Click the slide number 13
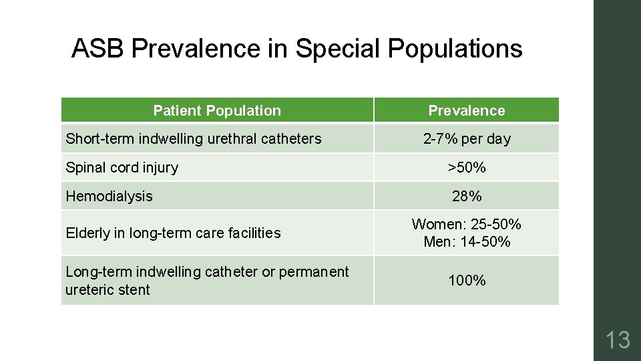(618, 340)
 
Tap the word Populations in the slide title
(455, 49)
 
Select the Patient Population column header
(217, 110)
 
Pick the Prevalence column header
(467, 110)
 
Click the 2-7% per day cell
(467, 139)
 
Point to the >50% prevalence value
(467, 168)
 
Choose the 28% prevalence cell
(467, 197)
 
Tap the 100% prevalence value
(467, 280)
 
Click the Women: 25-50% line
(467, 225)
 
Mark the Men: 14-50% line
(467, 241)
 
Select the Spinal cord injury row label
(122, 168)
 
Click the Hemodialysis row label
(109, 197)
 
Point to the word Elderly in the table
(87, 233)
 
